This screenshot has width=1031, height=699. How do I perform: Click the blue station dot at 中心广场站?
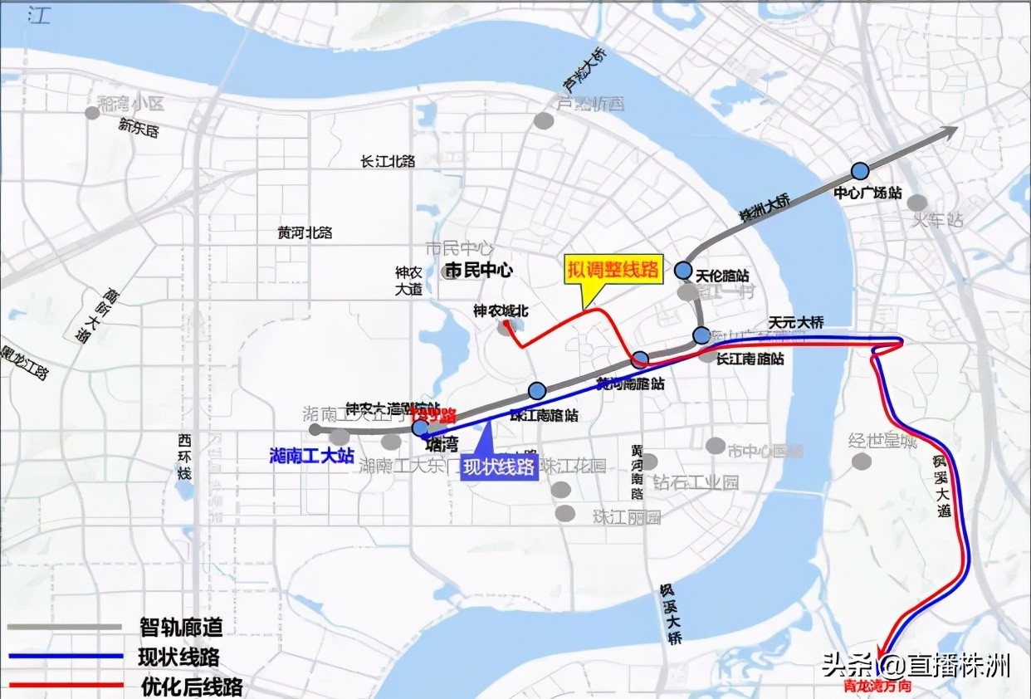[x=860, y=171]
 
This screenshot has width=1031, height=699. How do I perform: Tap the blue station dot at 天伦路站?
[x=683, y=270]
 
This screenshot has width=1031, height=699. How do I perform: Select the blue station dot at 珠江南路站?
[x=537, y=391]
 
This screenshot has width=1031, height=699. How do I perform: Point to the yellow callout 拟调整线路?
[x=613, y=269]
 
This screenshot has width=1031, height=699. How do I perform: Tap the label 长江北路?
[x=388, y=161]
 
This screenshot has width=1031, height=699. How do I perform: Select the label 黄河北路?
[x=305, y=233]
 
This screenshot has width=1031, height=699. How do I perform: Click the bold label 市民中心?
[x=479, y=270]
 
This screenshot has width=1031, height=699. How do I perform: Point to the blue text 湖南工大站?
[x=312, y=456]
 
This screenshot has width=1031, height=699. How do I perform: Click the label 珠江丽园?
[x=627, y=517]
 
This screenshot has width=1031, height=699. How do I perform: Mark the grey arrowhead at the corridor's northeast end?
[x=950, y=130]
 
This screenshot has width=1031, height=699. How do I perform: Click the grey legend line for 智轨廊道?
[x=66, y=627]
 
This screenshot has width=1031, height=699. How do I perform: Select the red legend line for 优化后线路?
[x=66, y=686]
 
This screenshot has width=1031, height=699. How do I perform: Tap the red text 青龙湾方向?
[x=877, y=687]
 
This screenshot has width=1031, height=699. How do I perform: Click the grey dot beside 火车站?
[x=916, y=203]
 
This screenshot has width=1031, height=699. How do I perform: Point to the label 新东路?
[x=139, y=129]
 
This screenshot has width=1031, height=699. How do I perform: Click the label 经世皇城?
[x=882, y=440]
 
